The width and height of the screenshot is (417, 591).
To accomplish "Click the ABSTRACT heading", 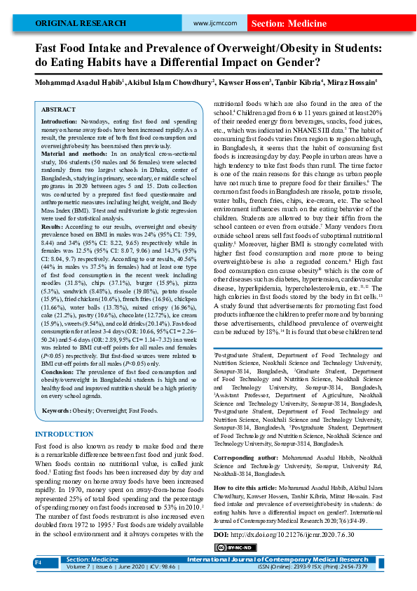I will click(x=58, y=110).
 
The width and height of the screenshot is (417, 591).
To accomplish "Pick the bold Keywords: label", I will click(x=61, y=410).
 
